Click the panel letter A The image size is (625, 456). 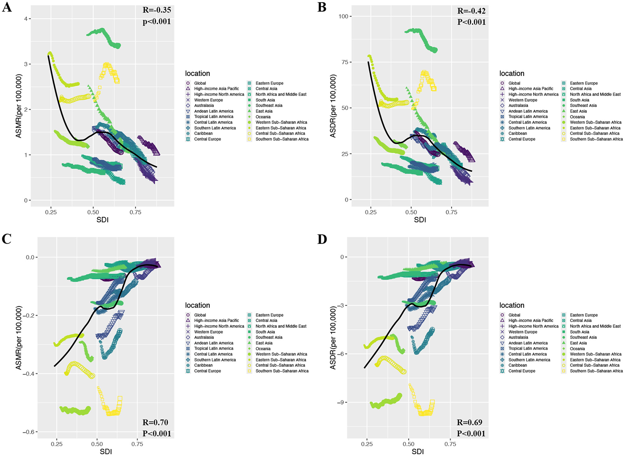[x=7, y=7]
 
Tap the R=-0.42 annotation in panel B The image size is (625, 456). [x=471, y=11]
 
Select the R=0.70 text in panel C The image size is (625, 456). [x=155, y=422]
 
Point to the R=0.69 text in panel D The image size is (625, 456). [x=469, y=422]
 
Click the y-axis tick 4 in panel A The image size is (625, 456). [x=26, y=19]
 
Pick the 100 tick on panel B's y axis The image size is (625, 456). [x=343, y=16]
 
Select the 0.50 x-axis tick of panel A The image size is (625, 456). [x=93, y=212]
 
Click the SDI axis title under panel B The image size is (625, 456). [x=420, y=220]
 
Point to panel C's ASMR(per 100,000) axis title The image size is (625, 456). [x=19, y=338]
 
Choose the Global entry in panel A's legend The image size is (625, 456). [x=200, y=83]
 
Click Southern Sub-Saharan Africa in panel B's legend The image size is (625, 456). [x=596, y=139]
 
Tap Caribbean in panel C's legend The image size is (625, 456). [x=203, y=365]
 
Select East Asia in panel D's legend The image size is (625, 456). [x=578, y=343]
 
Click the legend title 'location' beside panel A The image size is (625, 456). [x=197, y=73]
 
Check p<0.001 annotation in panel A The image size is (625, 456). [x=157, y=22]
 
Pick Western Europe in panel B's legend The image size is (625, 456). [x=523, y=100]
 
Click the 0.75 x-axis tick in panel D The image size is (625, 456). [x=450, y=444]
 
